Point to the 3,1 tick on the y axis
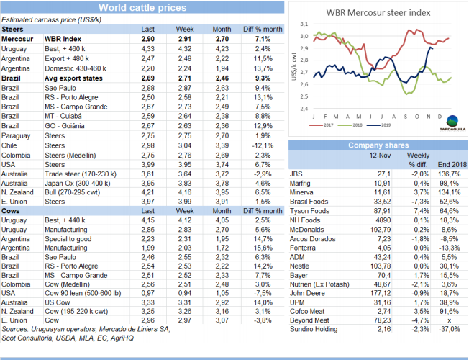pyautogui.click(x=304, y=24)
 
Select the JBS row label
pyautogui.click(x=296, y=174)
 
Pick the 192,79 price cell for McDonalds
pyautogui.click(x=378, y=229)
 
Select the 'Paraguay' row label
pyautogui.click(x=16, y=135)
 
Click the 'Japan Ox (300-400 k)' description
pyautogui.click(x=78, y=183)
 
